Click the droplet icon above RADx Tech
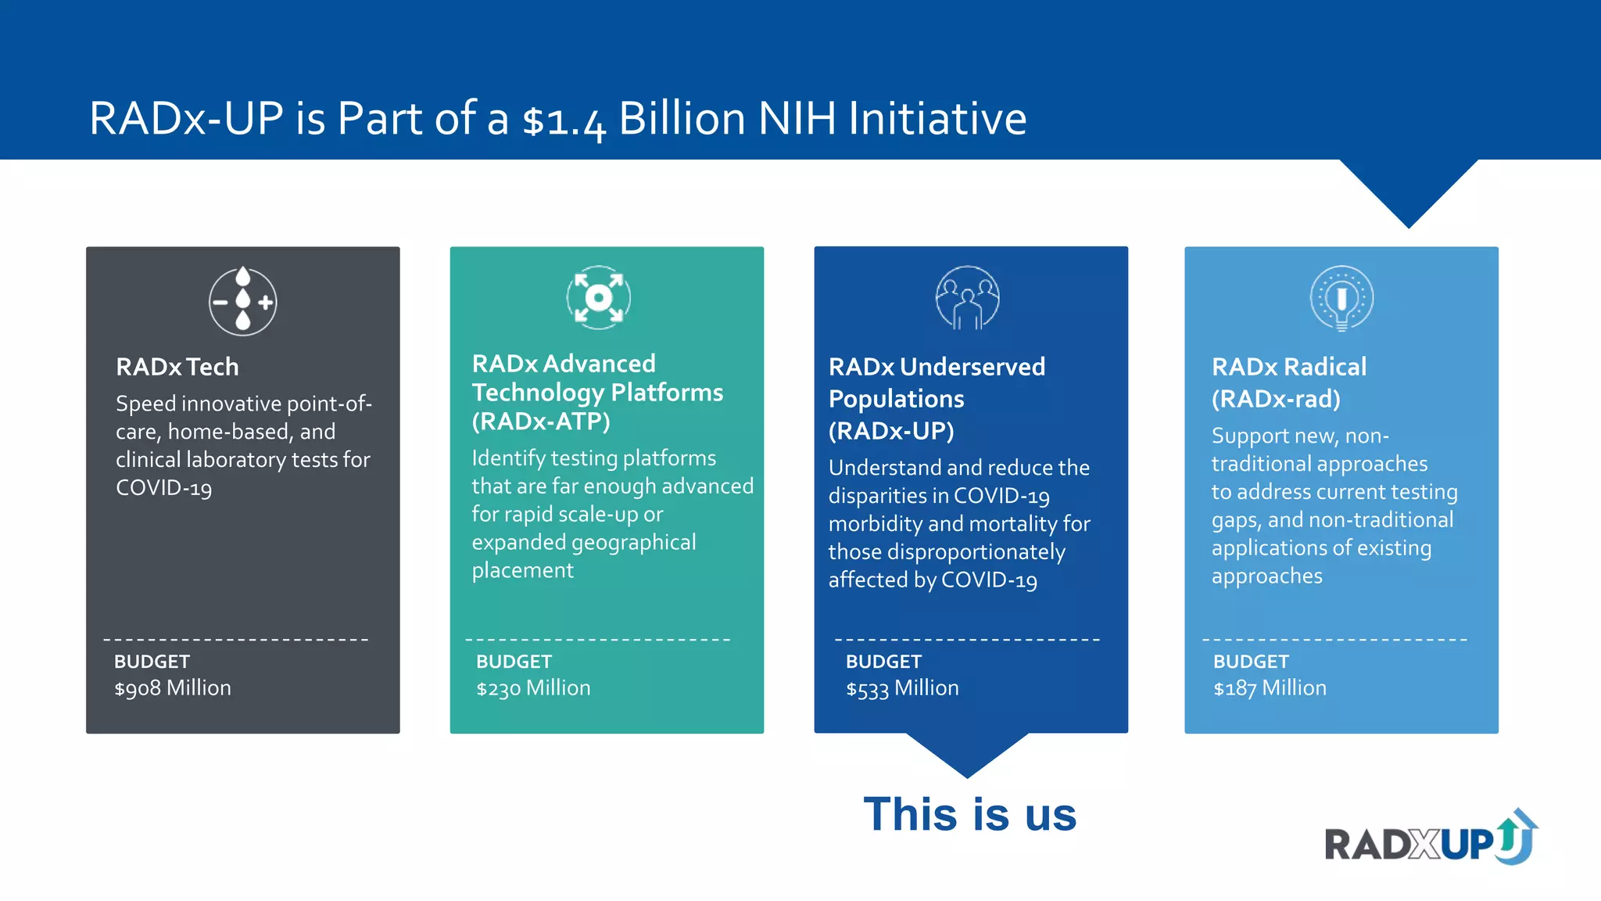(x=243, y=301)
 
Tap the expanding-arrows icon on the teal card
(x=599, y=297)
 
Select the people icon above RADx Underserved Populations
(x=968, y=298)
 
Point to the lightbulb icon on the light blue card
(x=1341, y=298)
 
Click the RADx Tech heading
(x=177, y=367)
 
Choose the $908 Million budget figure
(x=173, y=688)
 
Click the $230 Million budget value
(x=533, y=688)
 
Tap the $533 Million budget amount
(x=902, y=688)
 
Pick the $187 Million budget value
(x=1270, y=688)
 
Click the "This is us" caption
(x=969, y=814)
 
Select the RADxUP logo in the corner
(x=1431, y=838)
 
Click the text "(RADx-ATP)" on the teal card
(x=541, y=422)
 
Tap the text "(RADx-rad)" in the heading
(x=1276, y=400)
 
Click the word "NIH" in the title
(x=797, y=119)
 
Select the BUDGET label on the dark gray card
(x=152, y=662)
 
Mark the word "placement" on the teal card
(x=522, y=571)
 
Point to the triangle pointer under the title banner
(x=1409, y=192)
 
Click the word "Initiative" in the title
(x=937, y=119)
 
